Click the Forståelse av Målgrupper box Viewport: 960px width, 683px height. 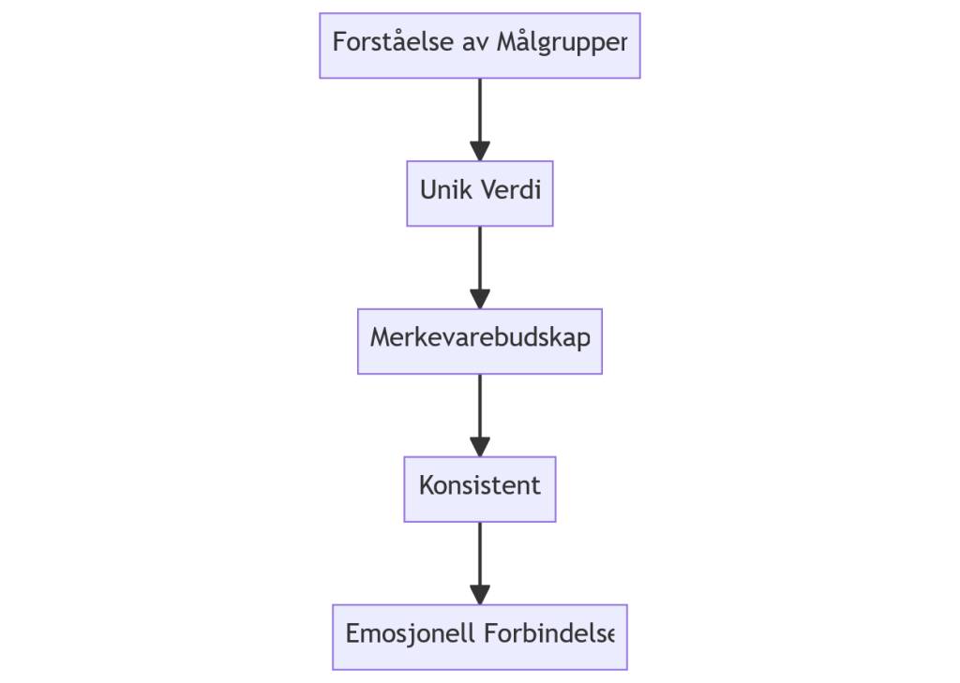point(479,45)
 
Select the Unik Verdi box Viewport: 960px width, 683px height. point(479,193)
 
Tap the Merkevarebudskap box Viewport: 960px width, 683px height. point(479,341)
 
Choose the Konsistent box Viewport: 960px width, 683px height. point(479,489)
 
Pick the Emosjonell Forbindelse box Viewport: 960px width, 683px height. point(479,637)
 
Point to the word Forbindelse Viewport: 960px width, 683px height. point(548,635)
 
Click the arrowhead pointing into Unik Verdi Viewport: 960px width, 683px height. point(479,151)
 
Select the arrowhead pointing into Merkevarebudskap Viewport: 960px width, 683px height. point(479,299)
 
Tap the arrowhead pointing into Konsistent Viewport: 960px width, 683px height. point(479,447)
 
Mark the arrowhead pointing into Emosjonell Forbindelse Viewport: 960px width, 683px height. point(479,595)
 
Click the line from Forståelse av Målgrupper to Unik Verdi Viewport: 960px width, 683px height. point(479,108)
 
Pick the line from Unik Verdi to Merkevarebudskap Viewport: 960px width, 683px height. point(479,258)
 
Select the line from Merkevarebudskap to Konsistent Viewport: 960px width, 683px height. point(479,405)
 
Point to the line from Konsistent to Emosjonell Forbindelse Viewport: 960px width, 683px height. point(479,553)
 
